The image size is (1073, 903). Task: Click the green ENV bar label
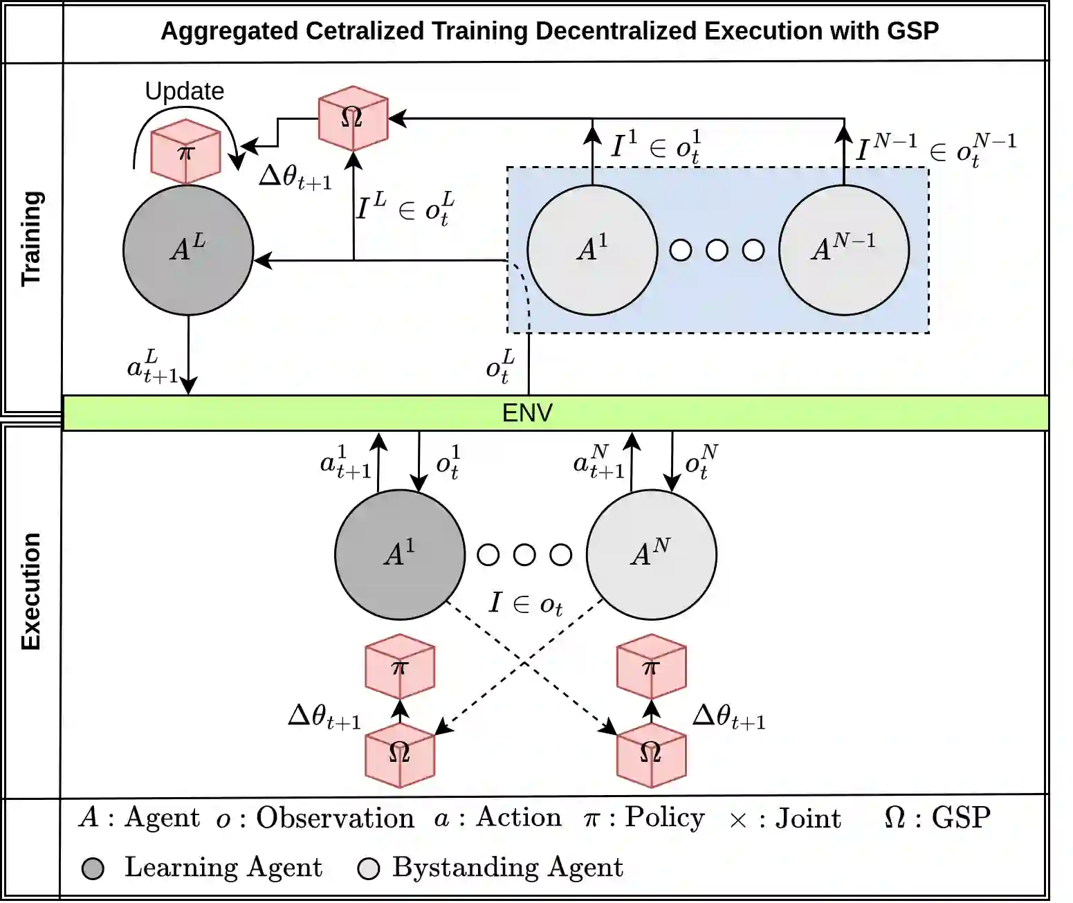click(x=527, y=413)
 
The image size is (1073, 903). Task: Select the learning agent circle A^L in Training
click(x=188, y=250)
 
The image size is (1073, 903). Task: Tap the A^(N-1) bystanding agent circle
click(x=844, y=250)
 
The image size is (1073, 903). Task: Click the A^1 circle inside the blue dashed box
click(x=592, y=250)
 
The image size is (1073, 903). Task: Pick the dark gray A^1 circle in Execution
click(x=400, y=554)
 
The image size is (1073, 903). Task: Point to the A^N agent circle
click(x=651, y=554)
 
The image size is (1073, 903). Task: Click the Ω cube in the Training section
click(x=352, y=118)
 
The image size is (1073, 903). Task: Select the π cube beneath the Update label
click(x=185, y=152)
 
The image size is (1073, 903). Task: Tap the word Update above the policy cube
click(x=184, y=91)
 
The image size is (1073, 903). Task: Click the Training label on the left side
click(x=32, y=238)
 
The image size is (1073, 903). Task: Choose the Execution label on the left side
click(x=32, y=591)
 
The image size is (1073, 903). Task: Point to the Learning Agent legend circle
click(x=93, y=868)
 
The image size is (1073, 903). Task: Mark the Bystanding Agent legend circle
click(x=369, y=868)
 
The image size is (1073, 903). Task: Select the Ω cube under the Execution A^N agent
click(x=651, y=754)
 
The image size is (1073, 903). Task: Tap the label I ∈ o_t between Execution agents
click(x=525, y=603)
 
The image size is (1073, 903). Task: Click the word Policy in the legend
click(x=664, y=817)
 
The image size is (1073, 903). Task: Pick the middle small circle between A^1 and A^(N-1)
click(x=717, y=250)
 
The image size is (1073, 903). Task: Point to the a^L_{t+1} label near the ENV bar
click(x=152, y=367)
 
